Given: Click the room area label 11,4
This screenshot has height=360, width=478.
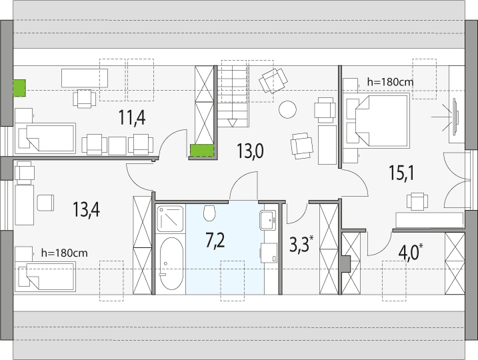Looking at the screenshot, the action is pyautogui.click(x=132, y=117).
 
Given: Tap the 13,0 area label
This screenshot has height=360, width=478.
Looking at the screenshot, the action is pyautogui.click(x=250, y=151).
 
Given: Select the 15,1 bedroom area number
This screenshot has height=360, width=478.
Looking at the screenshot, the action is pyautogui.click(x=401, y=173).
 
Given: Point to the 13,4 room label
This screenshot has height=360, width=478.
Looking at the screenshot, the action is pyautogui.click(x=86, y=209).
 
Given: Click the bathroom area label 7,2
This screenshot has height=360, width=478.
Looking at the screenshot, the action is pyautogui.click(x=215, y=240).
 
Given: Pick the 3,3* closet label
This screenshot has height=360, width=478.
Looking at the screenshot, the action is pyautogui.click(x=301, y=244).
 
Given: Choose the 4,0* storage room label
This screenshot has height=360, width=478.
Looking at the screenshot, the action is pyautogui.click(x=410, y=253).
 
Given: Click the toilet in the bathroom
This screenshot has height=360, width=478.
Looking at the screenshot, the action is pyautogui.click(x=209, y=213).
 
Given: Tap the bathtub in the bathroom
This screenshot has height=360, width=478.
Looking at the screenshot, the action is pyautogui.click(x=171, y=264).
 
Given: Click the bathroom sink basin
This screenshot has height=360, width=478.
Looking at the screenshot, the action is pyautogui.click(x=268, y=220).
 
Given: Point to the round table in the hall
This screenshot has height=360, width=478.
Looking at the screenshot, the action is pyautogui.click(x=287, y=110).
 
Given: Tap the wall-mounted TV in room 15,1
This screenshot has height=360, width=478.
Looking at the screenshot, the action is pyautogui.click(x=455, y=117).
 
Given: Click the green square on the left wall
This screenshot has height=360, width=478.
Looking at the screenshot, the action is pyautogui.click(x=19, y=88).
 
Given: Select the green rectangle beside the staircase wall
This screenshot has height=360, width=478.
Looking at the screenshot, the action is pyautogui.click(x=202, y=151).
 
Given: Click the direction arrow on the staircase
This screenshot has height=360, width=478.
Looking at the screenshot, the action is pyautogui.click(x=232, y=123).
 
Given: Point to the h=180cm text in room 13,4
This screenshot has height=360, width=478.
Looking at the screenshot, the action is pyautogui.click(x=64, y=253).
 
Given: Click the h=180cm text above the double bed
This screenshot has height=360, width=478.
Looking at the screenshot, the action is pyautogui.click(x=390, y=82).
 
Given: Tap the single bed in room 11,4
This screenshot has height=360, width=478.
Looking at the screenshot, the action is pyautogui.click(x=45, y=138).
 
